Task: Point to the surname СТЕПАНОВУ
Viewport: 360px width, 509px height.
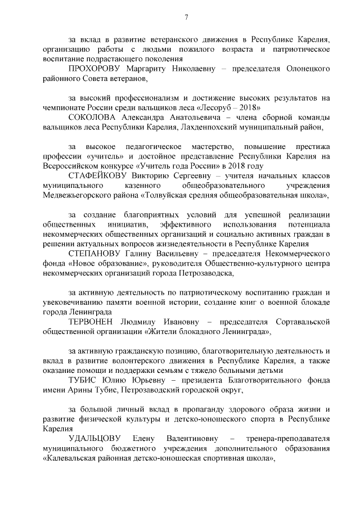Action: click(93, 254)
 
